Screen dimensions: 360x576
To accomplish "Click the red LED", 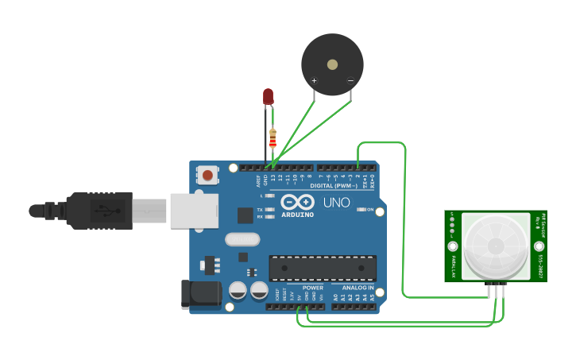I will tap(269, 96).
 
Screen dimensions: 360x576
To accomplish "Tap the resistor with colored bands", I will tap(273, 138).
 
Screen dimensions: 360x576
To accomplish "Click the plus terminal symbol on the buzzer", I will tap(314, 80).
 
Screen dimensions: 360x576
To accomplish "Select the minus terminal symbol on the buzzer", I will tap(350, 80).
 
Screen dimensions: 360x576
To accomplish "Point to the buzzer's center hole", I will tap(332, 65).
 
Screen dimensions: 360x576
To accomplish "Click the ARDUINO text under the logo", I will tap(297, 215).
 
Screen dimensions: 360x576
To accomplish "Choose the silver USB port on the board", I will tap(194, 211).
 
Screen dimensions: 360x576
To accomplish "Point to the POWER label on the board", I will tap(313, 288).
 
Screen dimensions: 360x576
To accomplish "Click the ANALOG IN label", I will tap(358, 288).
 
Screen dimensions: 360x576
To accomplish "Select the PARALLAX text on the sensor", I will tap(454, 265).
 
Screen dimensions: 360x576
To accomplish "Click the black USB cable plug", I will tap(99, 211).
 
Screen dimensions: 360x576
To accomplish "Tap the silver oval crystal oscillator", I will tap(242, 239).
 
